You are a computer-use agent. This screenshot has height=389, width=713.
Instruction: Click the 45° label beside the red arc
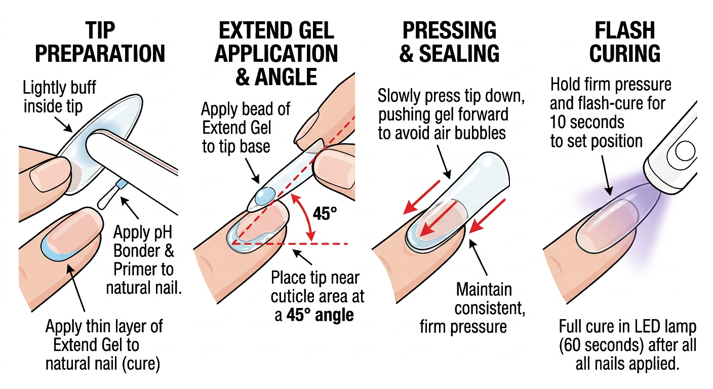325,214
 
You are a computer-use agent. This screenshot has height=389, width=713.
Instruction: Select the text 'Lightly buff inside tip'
59,97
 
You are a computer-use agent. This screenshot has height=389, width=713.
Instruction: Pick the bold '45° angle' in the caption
320,316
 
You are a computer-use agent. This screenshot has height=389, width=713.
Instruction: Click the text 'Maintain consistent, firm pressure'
466,308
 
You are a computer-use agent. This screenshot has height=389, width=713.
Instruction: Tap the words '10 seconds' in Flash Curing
587,122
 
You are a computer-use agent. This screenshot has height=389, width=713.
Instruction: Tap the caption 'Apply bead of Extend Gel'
239,128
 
